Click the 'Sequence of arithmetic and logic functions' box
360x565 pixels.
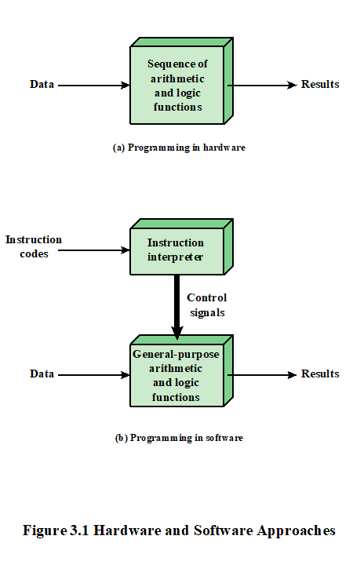click(178, 86)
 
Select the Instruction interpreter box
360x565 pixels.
click(176, 250)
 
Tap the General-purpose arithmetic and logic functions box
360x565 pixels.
click(176, 376)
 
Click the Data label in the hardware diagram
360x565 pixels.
click(42, 85)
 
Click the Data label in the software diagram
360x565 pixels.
click(42, 374)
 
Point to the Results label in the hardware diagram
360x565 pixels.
click(320, 85)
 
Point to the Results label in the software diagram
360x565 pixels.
click(320, 374)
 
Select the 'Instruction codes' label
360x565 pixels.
click(33, 246)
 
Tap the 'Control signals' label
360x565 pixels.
click(207, 304)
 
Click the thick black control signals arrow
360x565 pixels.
click(176, 306)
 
